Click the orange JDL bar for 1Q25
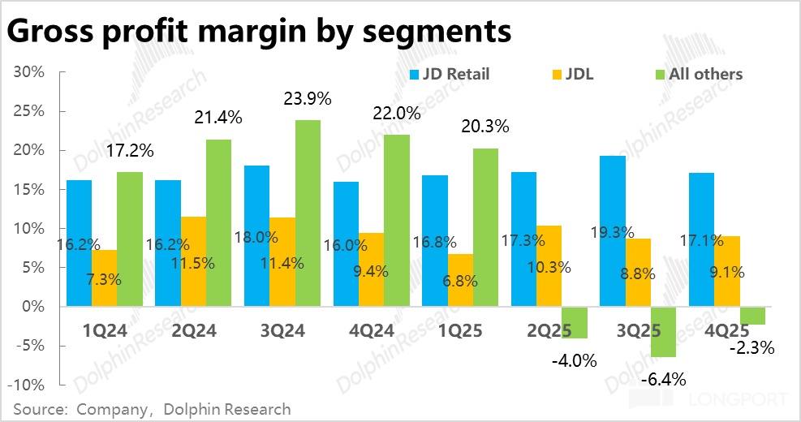pyautogui.click(x=460, y=280)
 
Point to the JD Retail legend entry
pyautogui.click(x=450, y=74)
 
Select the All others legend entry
pyautogui.click(x=695, y=74)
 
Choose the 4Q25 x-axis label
pyautogui.click(x=727, y=330)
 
